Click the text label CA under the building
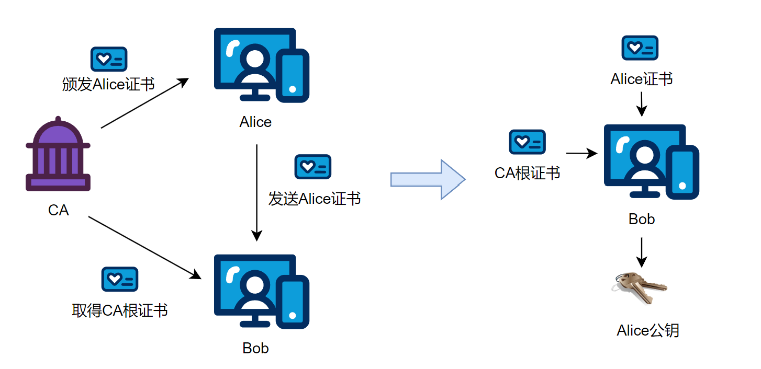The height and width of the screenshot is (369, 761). tap(58, 210)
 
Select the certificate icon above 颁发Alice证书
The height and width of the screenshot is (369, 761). tap(109, 59)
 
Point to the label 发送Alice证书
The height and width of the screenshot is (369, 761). tap(315, 199)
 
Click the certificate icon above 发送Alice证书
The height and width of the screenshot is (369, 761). tap(313, 167)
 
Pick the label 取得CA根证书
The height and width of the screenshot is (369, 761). tap(120, 310)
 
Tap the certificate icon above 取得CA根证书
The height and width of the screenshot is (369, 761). tap(120, 279)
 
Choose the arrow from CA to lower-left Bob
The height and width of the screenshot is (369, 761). tap(145, 246)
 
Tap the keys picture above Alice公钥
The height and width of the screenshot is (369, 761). tap(639, 286)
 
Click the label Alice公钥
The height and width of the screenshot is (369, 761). tap(648, 331)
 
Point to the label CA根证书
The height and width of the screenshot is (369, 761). tap(527, 173)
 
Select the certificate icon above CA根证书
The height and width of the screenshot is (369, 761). tap(527, 142)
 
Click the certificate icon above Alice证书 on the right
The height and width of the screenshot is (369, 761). tap(640, 48)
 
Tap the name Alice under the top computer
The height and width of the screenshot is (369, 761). tap(255, 122)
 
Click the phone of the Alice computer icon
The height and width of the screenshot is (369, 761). tap(293, 76)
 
